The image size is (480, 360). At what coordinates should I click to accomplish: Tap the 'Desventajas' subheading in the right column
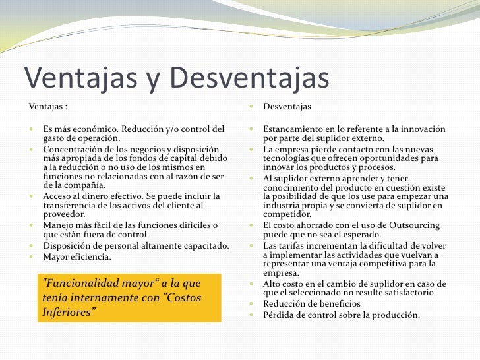287,107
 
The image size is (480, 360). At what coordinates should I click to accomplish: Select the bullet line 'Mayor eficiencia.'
77,256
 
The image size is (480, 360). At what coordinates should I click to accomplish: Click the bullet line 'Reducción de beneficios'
311,303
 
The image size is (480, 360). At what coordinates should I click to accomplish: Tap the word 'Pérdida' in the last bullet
279,315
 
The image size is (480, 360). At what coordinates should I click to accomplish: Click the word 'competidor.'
287,215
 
